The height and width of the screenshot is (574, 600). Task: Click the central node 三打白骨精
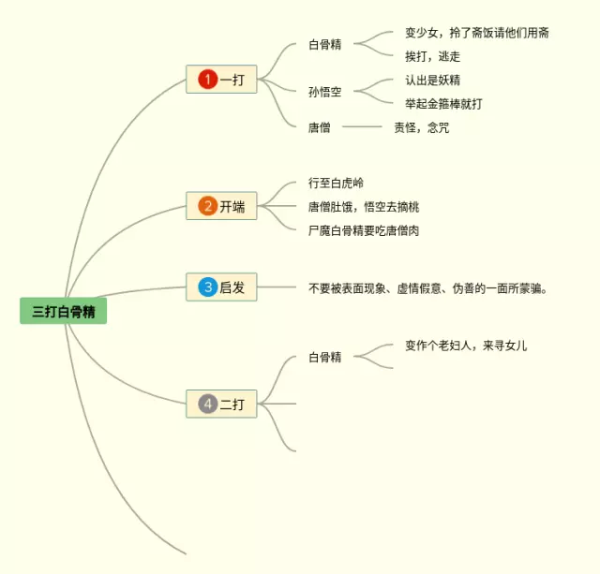[63, 311]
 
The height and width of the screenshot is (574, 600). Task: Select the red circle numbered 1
[207, 80]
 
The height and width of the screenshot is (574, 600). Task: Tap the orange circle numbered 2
[207, 206]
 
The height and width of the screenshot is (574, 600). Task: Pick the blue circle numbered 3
[207, 287]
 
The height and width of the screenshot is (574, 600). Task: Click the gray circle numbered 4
[207, 404]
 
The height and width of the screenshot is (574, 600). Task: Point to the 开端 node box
[221, 206]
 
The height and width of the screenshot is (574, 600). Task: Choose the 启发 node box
[221, 287]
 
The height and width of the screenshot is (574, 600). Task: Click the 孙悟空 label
[324, 92]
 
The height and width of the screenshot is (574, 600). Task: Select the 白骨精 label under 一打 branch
[324, 44]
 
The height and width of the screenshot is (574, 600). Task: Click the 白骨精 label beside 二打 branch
[324, 357]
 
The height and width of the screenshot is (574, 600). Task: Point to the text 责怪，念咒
[421, 126]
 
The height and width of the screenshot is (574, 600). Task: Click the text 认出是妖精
[432, 80]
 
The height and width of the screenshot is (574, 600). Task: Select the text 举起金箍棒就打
[443, 103]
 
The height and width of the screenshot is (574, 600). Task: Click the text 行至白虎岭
[336, 183]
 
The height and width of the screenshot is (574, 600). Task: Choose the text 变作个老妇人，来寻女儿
[466, 346]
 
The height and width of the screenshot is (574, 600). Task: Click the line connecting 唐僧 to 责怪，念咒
[362, 126]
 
